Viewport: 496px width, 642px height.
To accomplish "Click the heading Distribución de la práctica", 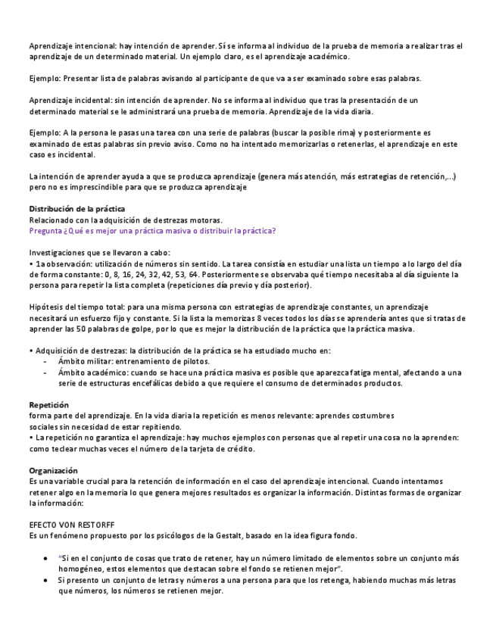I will tap(77, 209).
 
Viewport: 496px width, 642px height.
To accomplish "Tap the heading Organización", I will tap(53, 471).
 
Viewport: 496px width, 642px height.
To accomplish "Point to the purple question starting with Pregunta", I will tap(152, 231).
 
